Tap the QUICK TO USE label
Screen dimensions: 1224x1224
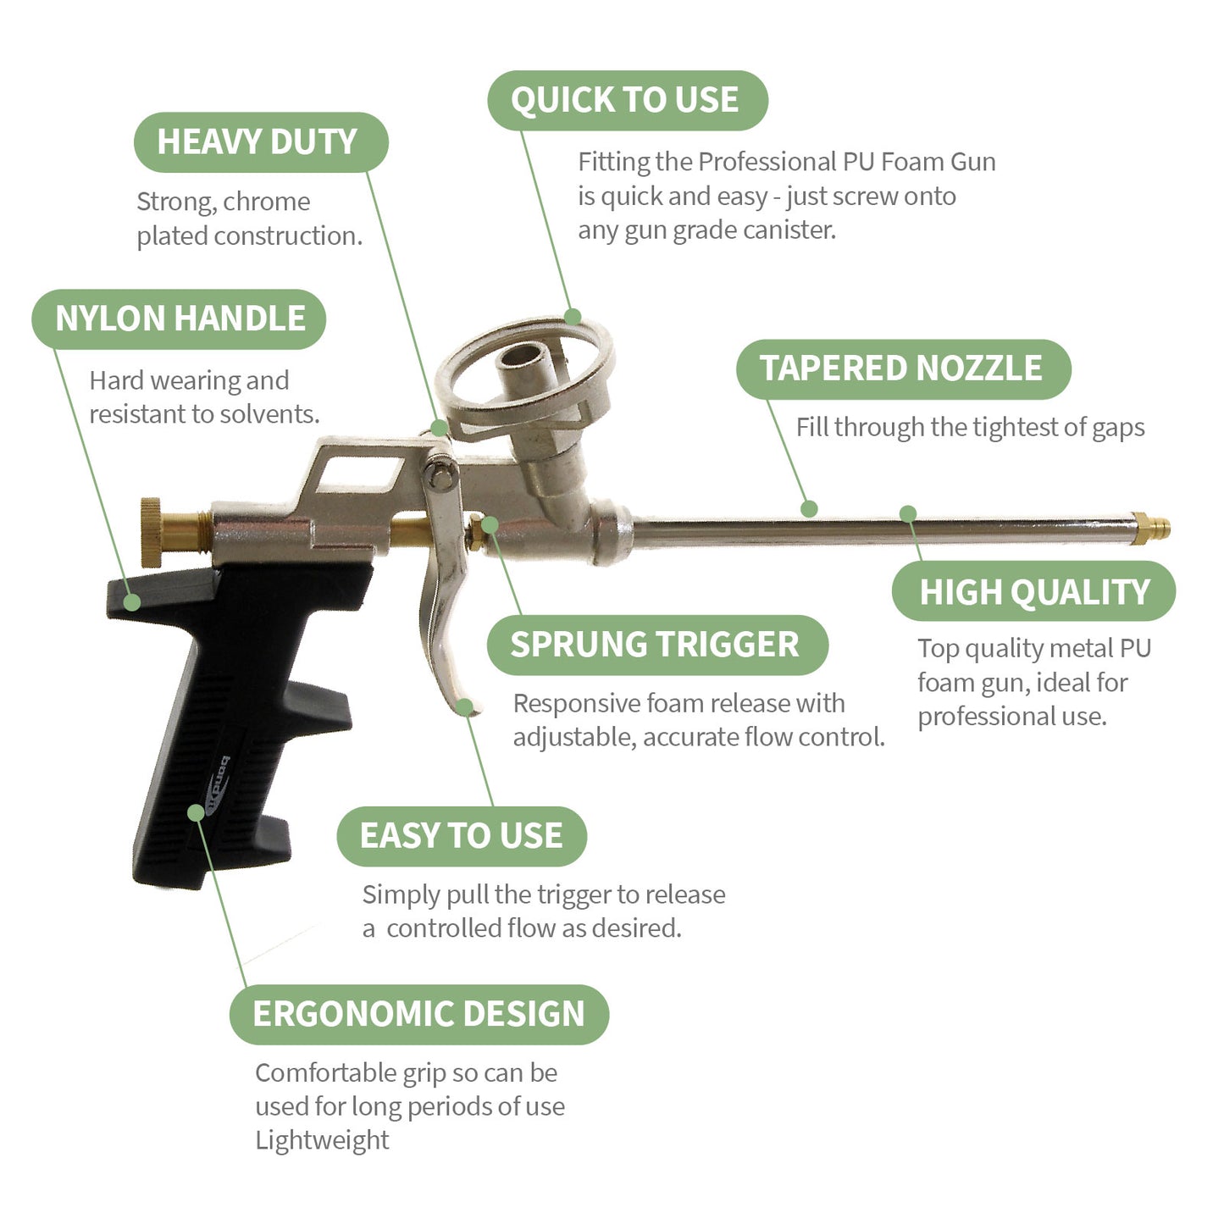pos(626,100)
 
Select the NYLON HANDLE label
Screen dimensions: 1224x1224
pos(179,318)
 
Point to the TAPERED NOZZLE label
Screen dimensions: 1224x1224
pos(902,368)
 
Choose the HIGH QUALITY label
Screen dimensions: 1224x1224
pos(1033,591)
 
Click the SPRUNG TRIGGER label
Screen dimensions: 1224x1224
pos(656,645)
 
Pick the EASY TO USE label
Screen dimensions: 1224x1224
pos(461,836)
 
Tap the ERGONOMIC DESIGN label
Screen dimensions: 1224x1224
pos(418,1014)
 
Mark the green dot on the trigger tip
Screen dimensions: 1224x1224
pos(464,706)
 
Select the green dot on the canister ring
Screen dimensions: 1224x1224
pos(573,317)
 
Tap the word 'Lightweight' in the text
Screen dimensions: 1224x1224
pos(322,1140)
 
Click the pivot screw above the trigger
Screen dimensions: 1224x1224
pos(440,474)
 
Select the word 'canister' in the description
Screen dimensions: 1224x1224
pos(787,230)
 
